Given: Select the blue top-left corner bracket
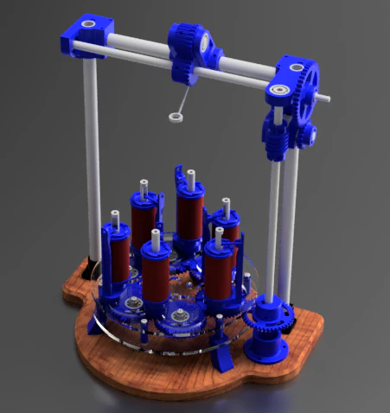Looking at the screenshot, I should point(84,36).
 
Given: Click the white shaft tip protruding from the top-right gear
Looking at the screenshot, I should point(326,98).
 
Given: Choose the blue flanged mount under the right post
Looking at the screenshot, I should point(268,341).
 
